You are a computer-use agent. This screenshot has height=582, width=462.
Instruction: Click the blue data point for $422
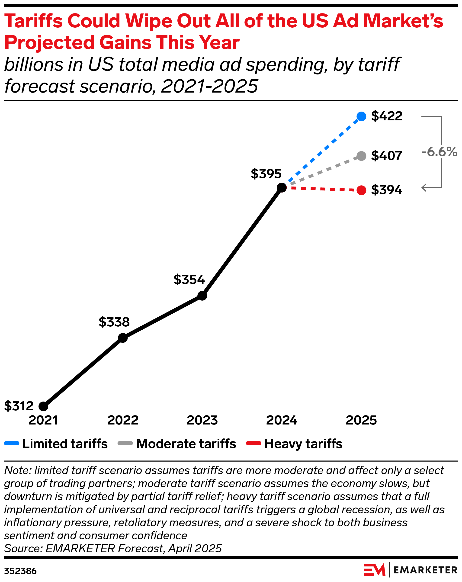pos(361,116)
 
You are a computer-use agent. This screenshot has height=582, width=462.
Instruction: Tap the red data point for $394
pos(361,190)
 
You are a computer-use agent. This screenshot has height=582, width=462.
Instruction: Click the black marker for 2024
pos(282,187)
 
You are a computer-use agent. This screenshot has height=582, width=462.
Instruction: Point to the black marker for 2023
pos(202,296)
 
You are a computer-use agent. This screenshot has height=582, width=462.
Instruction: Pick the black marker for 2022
pos(123,338)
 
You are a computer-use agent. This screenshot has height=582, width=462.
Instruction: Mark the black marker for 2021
pos(43,406)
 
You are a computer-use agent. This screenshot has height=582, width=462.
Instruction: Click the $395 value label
pos(266,174)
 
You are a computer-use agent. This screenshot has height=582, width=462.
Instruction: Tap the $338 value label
pos(114,322)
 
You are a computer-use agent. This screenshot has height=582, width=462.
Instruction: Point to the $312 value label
pos(19,406)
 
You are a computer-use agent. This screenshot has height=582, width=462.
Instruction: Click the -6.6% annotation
pos(439,152)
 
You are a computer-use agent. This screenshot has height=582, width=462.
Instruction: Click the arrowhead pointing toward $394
pos(424,187)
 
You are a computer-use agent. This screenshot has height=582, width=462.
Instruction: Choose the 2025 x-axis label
pos(361,420)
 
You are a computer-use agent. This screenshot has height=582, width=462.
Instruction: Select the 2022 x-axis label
pos(123,420)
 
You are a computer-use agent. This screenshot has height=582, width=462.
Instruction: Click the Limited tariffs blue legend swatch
pos(12,443)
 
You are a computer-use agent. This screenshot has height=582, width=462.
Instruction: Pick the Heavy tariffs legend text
pos(303,444)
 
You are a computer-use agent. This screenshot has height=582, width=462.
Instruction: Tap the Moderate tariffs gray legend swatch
pos(125,443)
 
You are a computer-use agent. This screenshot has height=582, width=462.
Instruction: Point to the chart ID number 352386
pos(20,571)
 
